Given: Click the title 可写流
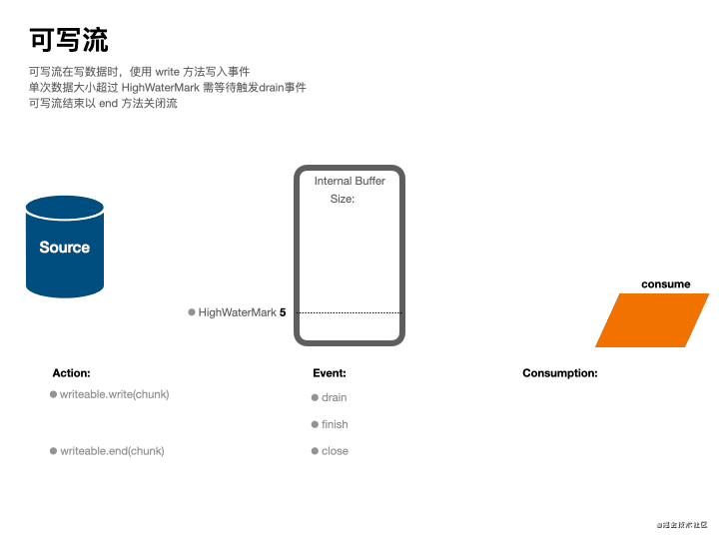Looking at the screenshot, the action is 69,40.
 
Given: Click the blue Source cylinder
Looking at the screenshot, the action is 65,247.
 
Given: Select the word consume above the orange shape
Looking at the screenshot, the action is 665,284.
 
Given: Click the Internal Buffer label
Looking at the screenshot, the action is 350,181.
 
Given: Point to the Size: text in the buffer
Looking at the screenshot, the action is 343,199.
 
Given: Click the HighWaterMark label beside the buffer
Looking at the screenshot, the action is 237,312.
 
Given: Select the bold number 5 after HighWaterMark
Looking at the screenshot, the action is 283,312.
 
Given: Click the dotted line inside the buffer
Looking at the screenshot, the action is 350,312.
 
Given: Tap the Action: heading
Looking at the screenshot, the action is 71,373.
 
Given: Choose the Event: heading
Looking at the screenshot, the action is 330,373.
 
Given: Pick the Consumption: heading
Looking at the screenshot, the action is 560,373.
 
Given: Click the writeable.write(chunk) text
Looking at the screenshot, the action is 115,394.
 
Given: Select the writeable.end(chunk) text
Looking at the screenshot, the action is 112,451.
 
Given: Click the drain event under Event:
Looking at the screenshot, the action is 334,397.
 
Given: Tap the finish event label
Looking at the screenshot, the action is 335,424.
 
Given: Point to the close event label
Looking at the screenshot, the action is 335,451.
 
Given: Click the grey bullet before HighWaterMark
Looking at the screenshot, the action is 192,312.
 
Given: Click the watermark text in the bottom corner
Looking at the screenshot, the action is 682,524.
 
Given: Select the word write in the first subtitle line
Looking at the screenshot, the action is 167,72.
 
